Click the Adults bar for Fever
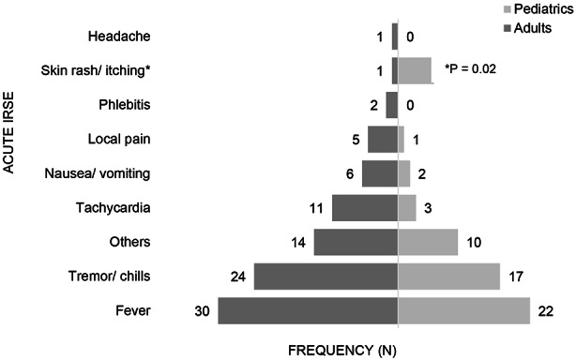[x=308, y=311]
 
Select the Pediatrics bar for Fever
[x=464, y=311]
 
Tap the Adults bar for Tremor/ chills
[x=326, y=277]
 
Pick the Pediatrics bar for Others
[x=428, y=242]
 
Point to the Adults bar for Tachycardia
[x=365, y=208]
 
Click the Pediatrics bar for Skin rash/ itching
[x=416, y=71]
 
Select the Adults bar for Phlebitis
[x=392, y=105]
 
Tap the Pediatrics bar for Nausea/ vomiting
[x=404, y=173]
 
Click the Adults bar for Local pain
[x=383, y=140]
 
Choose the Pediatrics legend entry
[x=538, y=9]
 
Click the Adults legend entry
[x=527, y=28]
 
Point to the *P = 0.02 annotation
[x=471, y=69]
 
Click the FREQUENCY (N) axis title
[x=342, y=351]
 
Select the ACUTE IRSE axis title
[x=8, y=132]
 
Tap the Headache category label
[x=119, y=37]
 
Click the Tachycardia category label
[x=114, y=208]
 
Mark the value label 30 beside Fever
[x=202, y=311]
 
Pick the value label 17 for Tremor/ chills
[x=516, y=277]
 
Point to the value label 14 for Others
[x=298, y=243]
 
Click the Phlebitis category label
[x=125, y=105]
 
